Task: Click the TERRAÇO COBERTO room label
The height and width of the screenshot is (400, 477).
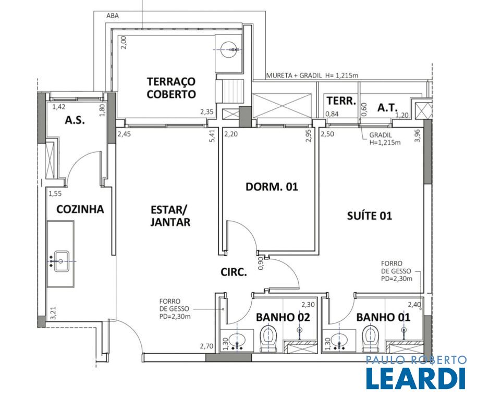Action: (x=171, y=88)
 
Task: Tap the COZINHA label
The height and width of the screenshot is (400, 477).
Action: (x=80, y=209)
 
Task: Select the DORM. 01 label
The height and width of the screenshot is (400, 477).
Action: (x=272, y=186)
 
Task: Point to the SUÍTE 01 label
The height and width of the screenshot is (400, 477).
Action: (x=369, y=216)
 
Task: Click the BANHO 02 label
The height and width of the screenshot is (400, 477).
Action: (x=283, y=317)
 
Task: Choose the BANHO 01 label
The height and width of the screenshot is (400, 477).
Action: (x=383, y=317)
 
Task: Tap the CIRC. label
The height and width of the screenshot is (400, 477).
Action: (x=234, y=272)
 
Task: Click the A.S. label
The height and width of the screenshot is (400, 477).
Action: (x=75, y=120)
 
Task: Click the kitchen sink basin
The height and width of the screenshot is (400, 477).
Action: (x=62, y=261)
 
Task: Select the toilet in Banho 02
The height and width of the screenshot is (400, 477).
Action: (x=268, y=339)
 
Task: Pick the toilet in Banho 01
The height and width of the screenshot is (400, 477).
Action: (x=370, y=339)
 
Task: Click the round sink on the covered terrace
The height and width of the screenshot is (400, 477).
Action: (x=229, y=49)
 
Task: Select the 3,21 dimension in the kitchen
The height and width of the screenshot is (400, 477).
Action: (x=53, y=313)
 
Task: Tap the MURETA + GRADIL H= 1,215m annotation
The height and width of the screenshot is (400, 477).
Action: (x=312, y=76)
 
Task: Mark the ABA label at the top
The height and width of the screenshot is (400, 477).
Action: (x=113, y=16)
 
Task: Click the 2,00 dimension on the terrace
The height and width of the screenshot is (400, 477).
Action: (x=123, y=42)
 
